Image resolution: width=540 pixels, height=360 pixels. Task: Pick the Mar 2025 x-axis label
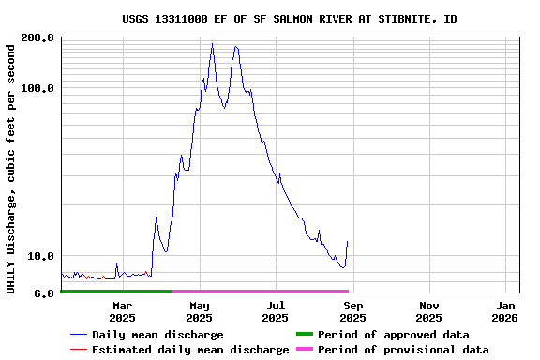123,311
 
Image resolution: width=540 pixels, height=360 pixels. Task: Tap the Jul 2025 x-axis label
276,311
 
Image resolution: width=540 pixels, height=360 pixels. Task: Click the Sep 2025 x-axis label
352,311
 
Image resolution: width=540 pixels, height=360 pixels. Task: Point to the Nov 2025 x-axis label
429,311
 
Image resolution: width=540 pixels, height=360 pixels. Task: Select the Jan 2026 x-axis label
506,311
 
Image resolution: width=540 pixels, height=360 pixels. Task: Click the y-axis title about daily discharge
12,167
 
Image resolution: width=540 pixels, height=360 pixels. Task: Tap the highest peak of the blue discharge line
213,43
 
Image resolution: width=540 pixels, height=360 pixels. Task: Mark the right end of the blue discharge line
347,242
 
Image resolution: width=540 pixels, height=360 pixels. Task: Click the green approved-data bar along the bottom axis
116,292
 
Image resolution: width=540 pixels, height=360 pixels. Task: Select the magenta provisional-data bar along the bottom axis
260,292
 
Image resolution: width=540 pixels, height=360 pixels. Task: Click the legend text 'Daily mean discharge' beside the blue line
157,335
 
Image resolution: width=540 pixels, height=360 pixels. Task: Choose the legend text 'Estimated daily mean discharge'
190,350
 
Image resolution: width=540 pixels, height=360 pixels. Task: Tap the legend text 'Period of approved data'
393,335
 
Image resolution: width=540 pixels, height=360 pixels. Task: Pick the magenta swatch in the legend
304,350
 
